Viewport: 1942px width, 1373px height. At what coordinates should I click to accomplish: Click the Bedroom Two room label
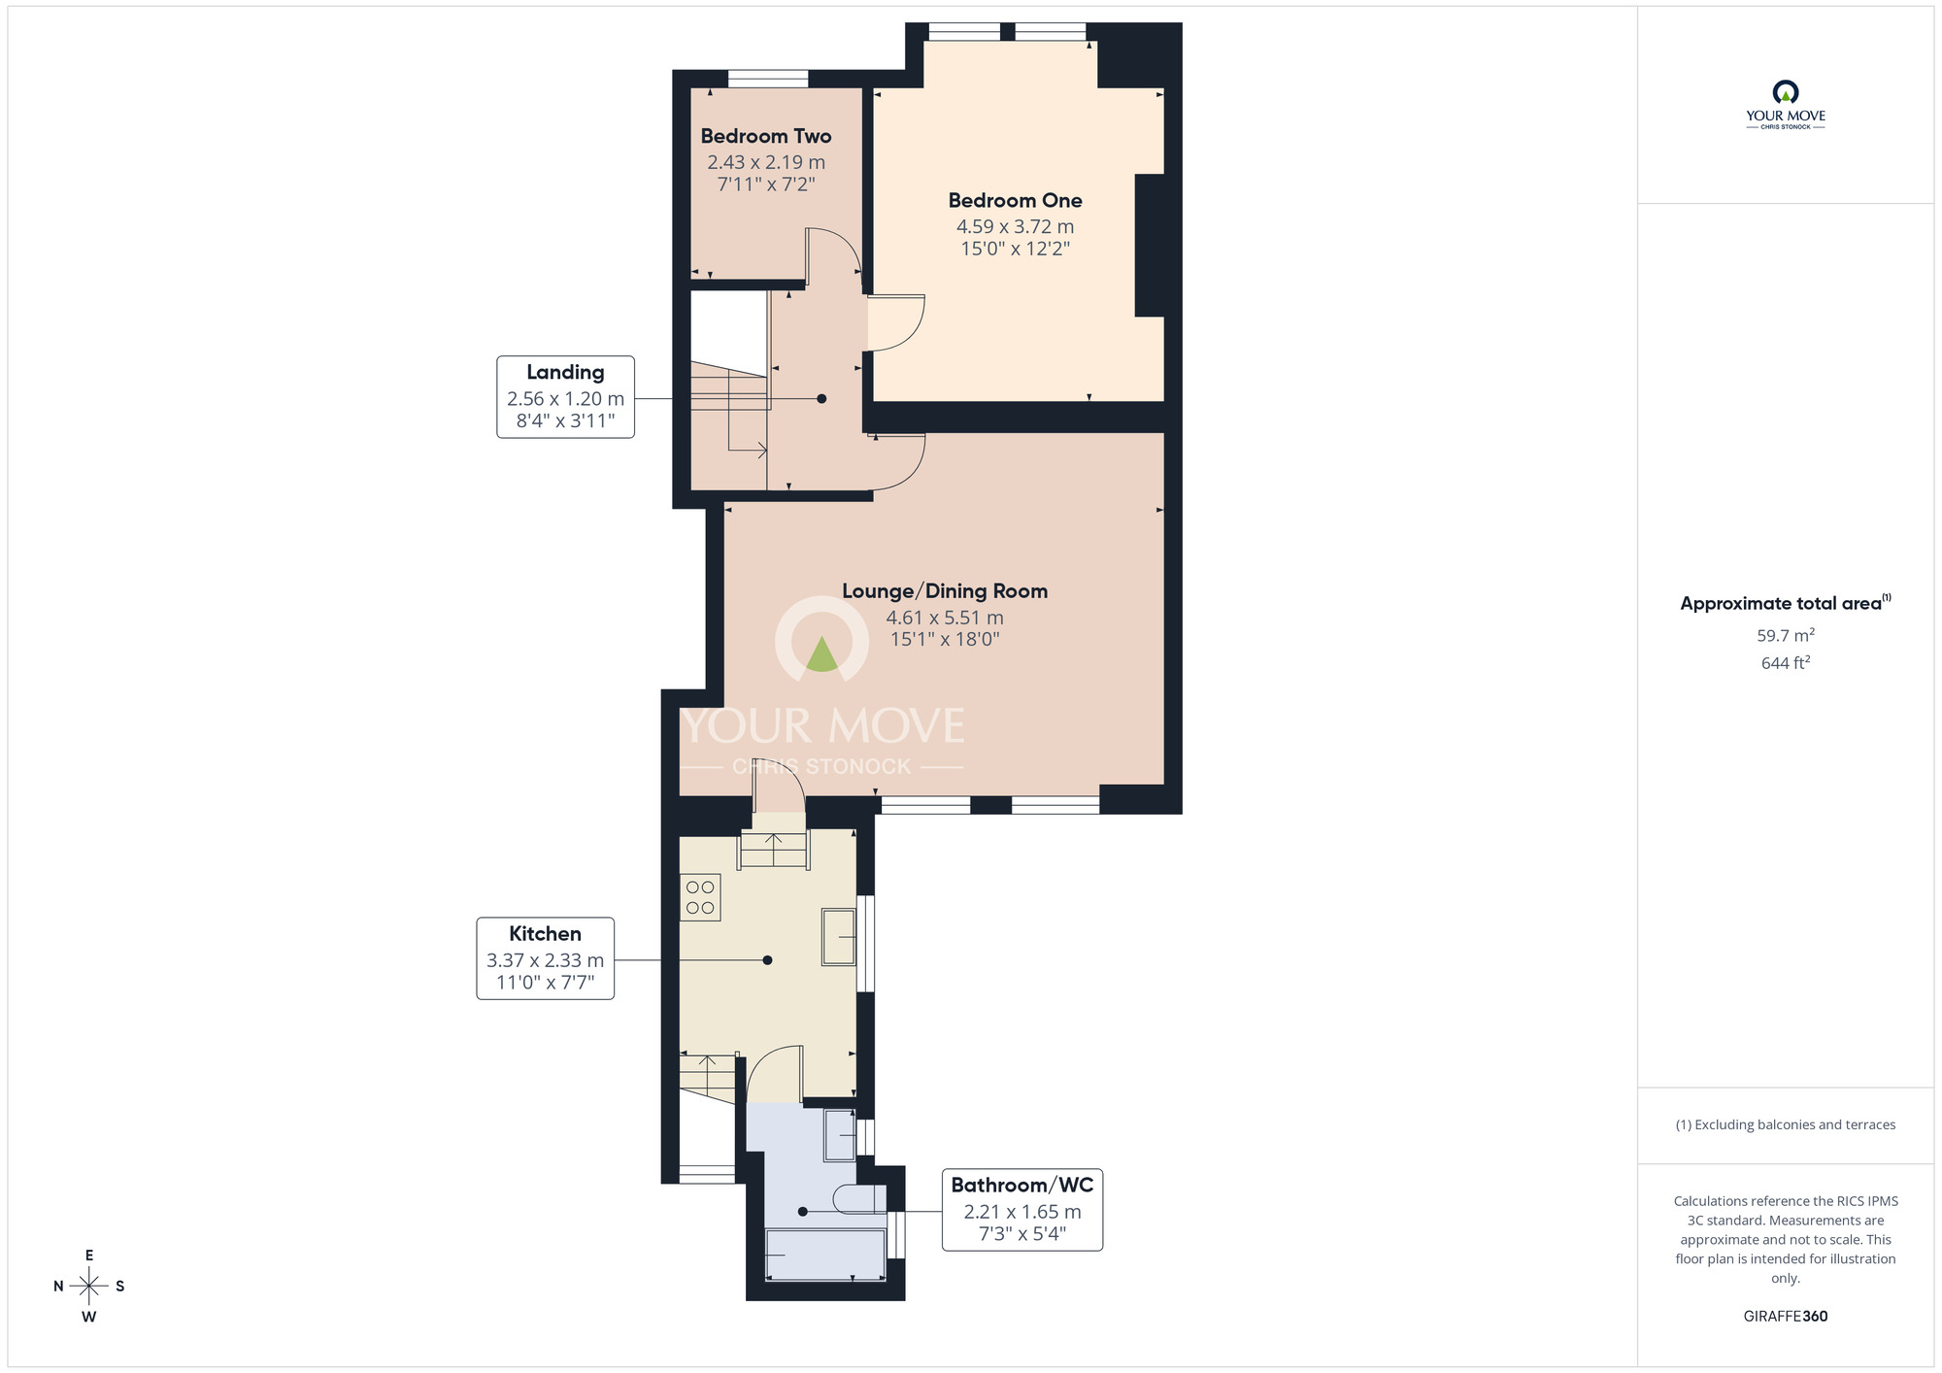(765, 137)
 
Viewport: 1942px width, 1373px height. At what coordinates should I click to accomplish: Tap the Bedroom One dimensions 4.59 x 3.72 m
(1015, 226)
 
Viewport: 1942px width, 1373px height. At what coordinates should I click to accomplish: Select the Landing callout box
(565, 396)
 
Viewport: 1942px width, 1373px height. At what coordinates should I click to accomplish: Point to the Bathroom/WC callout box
(1021, 1210)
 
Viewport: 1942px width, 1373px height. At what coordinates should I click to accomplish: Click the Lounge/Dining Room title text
(944, 591)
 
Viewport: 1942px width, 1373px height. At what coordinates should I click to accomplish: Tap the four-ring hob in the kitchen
(700, 897)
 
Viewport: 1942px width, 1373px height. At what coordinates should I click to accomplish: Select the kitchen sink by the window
(838, 936)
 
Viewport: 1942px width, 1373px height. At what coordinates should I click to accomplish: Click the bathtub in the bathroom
(825, 1255)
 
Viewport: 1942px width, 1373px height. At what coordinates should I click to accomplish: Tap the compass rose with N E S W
(89, 1287)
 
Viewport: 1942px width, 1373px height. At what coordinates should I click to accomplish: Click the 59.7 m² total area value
(1785, 636)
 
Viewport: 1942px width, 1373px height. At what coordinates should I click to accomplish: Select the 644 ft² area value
(1785, 663)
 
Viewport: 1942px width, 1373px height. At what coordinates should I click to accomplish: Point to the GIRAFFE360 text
(1785, 1317)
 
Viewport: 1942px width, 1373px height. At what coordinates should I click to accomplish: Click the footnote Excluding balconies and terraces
(1785, 1124)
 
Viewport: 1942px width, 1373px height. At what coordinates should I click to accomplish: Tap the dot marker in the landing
(821, 399)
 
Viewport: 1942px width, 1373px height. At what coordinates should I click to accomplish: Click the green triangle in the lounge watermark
(821, 654)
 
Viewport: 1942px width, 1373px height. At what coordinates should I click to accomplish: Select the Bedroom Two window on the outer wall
(768, 79)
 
